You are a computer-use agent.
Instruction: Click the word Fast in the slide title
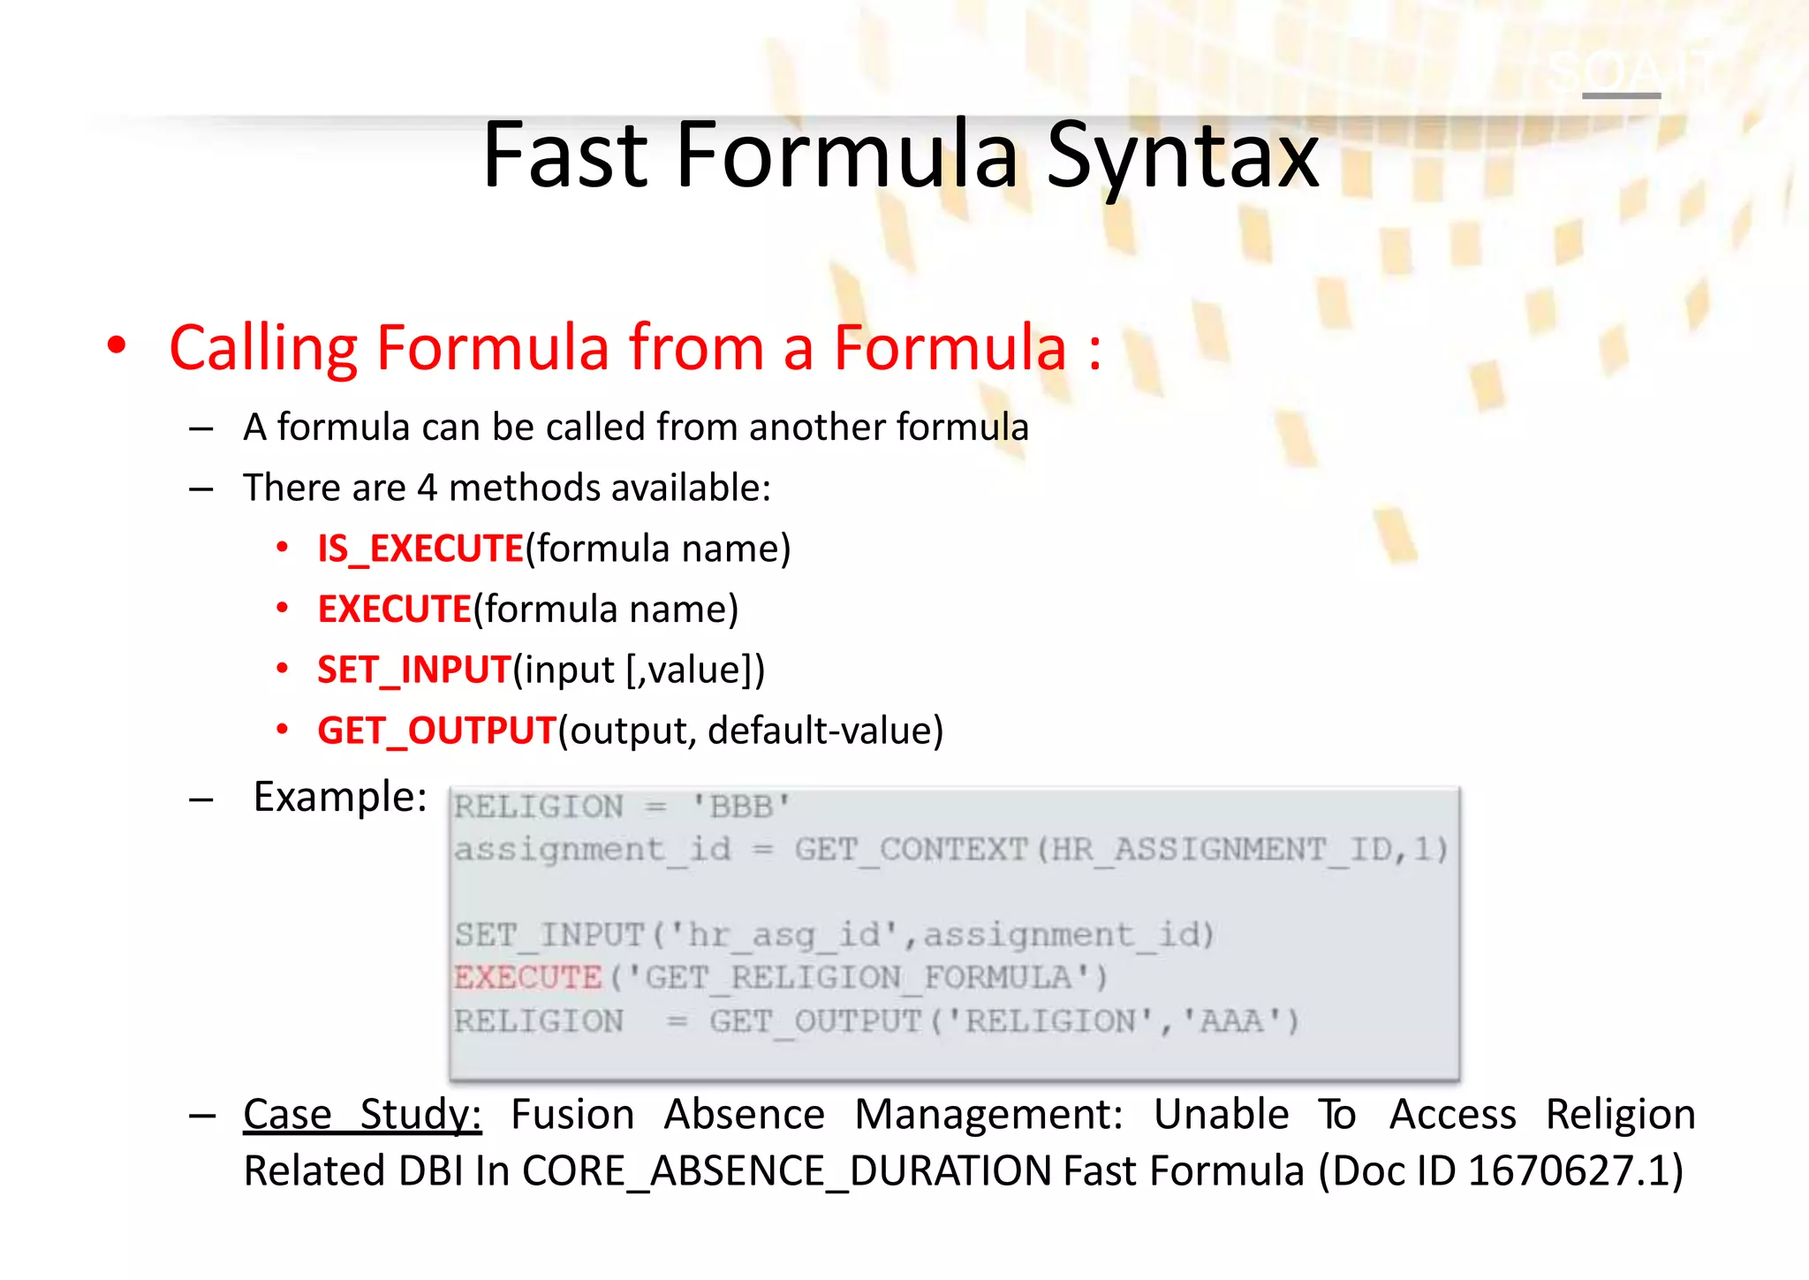(565, 156)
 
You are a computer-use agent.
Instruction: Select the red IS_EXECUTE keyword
(420, 549)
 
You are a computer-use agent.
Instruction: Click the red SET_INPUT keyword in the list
(414, 670)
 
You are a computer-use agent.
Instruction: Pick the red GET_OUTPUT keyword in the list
(436, 731)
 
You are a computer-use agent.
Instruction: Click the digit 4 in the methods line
(428, 488)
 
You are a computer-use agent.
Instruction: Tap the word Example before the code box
(340, 797)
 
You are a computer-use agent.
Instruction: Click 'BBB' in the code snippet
(740, 807)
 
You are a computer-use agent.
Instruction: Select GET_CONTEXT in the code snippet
(911, 850)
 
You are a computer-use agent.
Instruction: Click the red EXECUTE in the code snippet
(527, 978)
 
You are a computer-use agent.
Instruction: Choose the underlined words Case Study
(362, 1114)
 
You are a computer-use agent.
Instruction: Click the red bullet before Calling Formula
(117, 346)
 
